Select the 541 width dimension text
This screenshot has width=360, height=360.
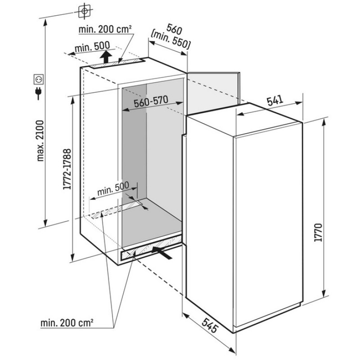pyautogui.click(x=275, y=101)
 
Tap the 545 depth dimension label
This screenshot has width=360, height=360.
pyautogui.click(x=209, y=325)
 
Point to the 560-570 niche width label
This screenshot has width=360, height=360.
pyautogui.click(x=151, y=101)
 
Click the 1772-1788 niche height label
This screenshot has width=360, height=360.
pyautogui.click(x=67, y=169)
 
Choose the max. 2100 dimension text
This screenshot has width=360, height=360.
pyautogui.click(x=40, y=140)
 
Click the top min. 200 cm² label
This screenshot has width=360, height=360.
pyautogui.click(x=105, y=29)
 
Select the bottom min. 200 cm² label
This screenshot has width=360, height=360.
pyautogui.click(x=67, y=323)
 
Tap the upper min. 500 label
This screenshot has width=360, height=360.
pyautogui.click(x=92, y=47)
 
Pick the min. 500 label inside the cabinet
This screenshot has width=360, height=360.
pyautogui.click(x=113, y=189)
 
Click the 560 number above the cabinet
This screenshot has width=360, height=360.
pyautogui.click(x=174, y=29)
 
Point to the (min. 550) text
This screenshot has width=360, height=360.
pyautogui.click(x=171, y=40)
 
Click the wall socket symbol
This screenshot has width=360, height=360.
pyautogui.click(x=38, y=79)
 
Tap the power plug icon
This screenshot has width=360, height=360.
pyautogui.click(x=38, y=93)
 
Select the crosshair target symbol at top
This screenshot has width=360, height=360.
pyautogui.click(x=85, y=11)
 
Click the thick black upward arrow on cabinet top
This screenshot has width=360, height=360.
pyautogui.click(x=106, y=57)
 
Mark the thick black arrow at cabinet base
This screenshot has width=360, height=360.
pyautogui.click(x=162, y=253)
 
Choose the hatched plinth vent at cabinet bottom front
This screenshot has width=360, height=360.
pyautogui.click(x=151, y=248)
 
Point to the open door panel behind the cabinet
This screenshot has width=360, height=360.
pyautogui.click(x=214, y=93)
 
